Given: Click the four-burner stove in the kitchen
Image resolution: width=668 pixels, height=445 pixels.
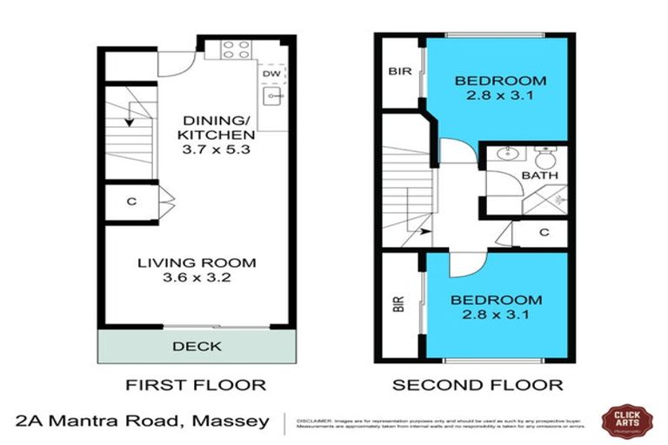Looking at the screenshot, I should [235, 50].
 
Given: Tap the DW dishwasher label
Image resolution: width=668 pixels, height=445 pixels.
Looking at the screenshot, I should [271, 74].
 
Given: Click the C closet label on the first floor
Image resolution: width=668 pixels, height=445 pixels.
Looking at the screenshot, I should [131, 202].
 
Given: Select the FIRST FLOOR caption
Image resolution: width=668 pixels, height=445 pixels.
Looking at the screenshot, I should [196, 384].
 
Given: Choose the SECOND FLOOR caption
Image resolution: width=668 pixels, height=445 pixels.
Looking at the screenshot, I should [478, 384].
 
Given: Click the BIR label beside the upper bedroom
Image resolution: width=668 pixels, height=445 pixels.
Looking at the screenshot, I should [399, 71].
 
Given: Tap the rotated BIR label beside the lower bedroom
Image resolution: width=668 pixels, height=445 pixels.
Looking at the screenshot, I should [399, 303].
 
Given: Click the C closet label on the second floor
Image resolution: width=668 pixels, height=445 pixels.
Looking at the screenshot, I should [544, 232].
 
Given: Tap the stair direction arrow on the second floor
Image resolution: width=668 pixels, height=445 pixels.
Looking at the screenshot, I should [423, 231].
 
